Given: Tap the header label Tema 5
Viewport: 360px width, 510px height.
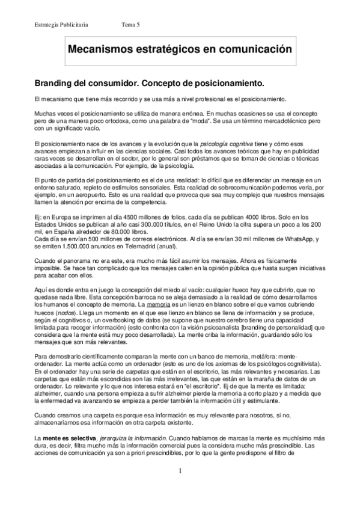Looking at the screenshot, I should [130, 24].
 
